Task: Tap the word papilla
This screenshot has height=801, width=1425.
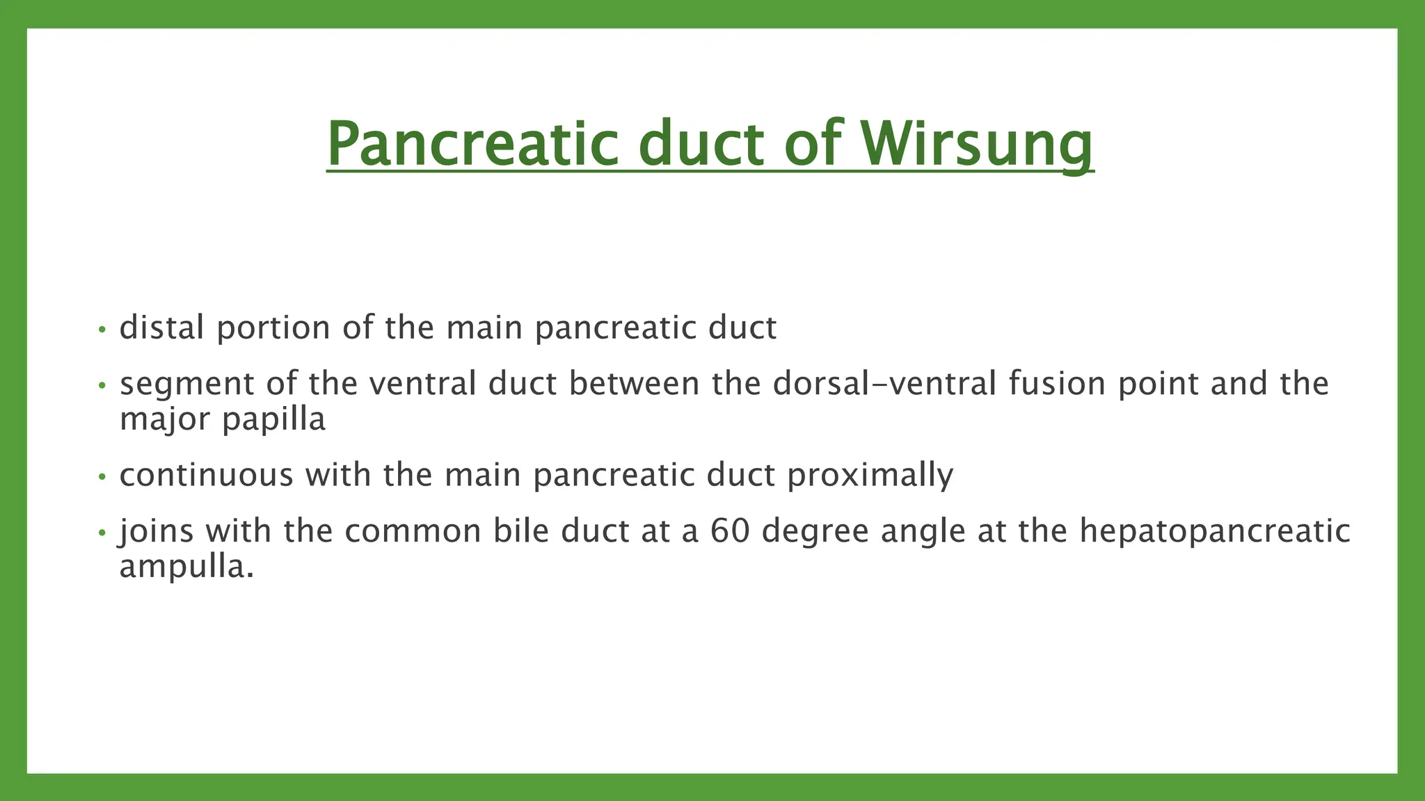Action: tap(273, 420)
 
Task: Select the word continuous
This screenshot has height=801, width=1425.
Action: tap(206, 476)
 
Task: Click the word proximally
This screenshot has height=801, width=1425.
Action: tap(870, 476)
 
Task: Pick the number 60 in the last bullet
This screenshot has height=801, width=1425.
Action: tap(730, 531)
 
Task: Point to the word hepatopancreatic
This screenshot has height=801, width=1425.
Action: tap(1215, 531)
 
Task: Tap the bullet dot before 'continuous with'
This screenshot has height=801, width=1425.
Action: tap(102, 478)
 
